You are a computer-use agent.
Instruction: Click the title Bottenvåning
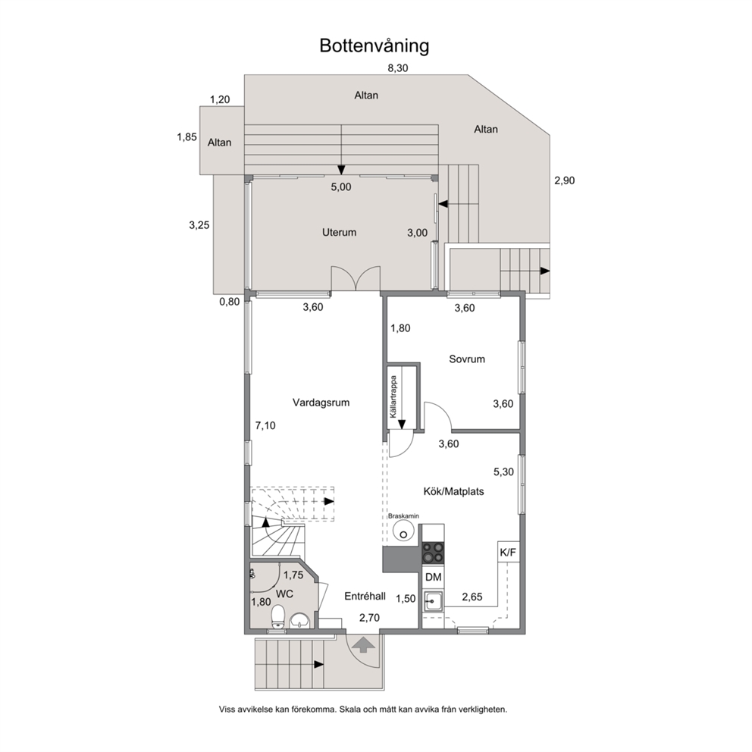pos(374,46)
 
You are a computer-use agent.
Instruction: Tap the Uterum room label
pos(339,233)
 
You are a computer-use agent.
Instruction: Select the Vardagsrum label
pos(321,403)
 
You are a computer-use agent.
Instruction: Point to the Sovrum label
pos(467,359)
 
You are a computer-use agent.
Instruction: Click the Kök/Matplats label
pos(453,491)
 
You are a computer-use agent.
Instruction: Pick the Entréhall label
pos(365,597)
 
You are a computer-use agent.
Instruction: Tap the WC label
pos(284,594)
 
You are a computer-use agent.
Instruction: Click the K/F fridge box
pos(508,553)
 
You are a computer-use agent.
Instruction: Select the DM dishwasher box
pos(433,578)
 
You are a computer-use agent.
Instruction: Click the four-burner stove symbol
pos(433,552)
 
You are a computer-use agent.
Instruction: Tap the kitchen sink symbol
pos(433,601)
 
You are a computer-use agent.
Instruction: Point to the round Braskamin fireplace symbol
pos(403,531)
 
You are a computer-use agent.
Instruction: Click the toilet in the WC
pos(277,617)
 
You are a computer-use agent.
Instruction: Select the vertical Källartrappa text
pos(393,396)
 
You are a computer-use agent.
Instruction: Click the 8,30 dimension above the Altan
pos(397,68)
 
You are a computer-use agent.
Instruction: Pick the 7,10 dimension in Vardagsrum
pos(265,425)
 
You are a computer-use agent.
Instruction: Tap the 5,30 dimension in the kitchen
pos(503,472)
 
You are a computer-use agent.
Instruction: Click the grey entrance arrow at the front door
pos(364,644)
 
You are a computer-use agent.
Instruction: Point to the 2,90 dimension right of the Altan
pos(565,181)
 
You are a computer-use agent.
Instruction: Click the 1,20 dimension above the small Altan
pos(220,100)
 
